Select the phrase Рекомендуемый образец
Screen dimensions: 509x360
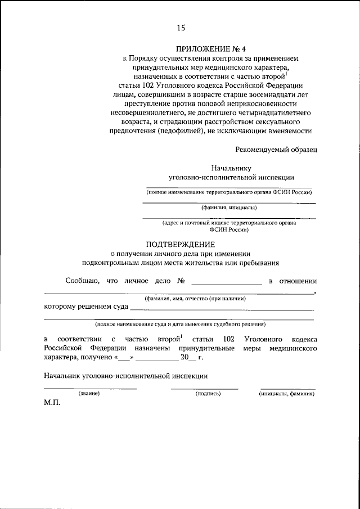(x=276, y=149)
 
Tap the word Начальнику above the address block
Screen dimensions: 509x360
(x=231, y=168)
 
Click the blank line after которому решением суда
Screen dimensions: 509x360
(x=222, y=308)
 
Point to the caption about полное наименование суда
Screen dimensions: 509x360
(x=180, y=325)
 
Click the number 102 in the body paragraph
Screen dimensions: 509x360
(x=228, y=340)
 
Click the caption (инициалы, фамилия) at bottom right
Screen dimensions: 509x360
(x=287, y=394)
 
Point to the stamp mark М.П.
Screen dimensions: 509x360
(x=52, y=404)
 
